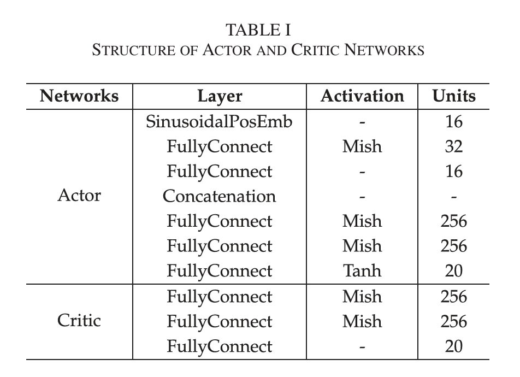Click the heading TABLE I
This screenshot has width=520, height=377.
[x=258, y=30]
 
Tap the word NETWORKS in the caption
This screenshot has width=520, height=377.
[x=385, y=50]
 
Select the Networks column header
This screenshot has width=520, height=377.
[x=79, y=96]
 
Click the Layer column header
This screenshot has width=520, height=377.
[x=220, y=97]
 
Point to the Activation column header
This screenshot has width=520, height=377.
[x=362, y=96]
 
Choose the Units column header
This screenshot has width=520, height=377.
[x=454, y=96]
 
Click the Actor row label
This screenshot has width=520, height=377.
[x=79, y=195]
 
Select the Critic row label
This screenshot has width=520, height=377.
[x=79, y=321]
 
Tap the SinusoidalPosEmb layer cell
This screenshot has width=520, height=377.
[x=219, y=121]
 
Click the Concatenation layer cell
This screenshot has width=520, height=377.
[x=219, y=196]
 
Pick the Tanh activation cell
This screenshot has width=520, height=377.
[x=362, y=270]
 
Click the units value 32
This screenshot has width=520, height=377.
[x=454, y=146]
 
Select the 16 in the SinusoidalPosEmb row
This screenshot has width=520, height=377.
[x=454, y=121]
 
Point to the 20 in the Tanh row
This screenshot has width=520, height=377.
[x=454, y=270]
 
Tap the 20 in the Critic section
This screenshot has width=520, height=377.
[x=454, y=346]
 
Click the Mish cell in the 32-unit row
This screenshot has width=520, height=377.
[x=362, y=146]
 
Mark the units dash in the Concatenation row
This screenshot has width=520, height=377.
[x=454, y=197]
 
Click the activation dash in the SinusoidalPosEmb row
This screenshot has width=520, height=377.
[x=362, y=123]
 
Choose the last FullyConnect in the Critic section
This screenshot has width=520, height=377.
[x=219, y=347]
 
